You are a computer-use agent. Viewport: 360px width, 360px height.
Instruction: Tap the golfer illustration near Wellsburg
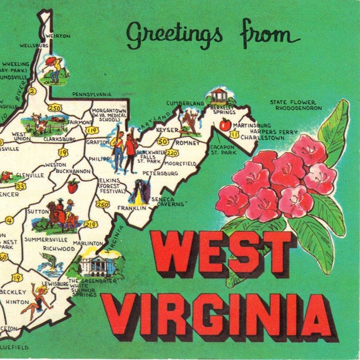[51, 68]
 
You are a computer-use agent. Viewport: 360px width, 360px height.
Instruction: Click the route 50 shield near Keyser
[164, 141]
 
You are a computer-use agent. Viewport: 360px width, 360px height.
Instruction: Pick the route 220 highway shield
[172, 152]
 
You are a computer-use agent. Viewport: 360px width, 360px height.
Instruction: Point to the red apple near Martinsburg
[225, 125]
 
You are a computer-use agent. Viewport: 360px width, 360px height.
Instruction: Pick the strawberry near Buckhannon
[73, 185]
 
